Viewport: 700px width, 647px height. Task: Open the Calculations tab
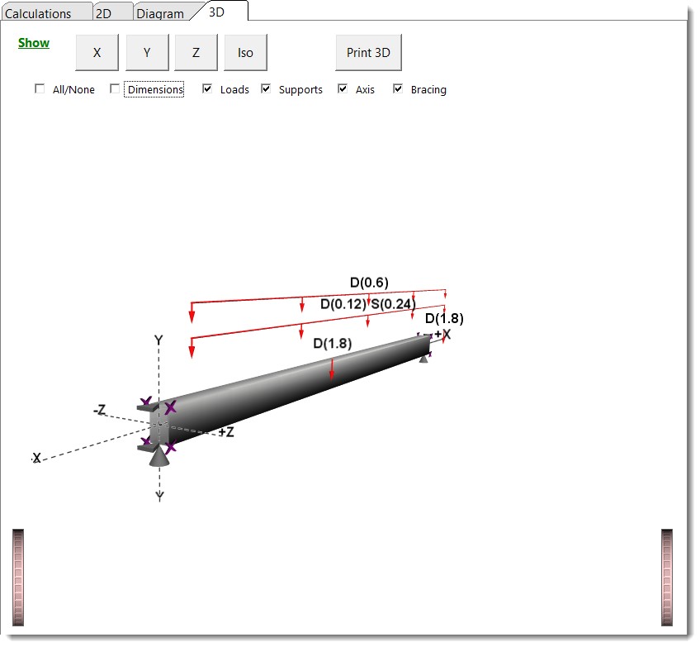[38, 13]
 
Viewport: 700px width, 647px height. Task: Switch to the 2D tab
[103, 13]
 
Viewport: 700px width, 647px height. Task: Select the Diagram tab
[160, 13]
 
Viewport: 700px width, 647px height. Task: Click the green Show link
[34, 43]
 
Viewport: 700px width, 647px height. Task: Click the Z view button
[196, 53]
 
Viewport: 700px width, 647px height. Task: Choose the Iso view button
[245, 53]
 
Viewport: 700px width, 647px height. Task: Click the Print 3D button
[368, 53]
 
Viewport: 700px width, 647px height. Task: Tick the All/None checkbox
[40, 89]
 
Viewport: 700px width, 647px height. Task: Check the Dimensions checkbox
[116, 89]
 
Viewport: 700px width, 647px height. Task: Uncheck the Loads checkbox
[207, 89]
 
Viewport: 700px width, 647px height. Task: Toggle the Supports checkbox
[266, 89]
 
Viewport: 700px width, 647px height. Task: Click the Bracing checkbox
[398, 89]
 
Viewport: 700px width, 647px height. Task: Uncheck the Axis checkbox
[343, 89]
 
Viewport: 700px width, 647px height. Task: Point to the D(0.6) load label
[369, 283]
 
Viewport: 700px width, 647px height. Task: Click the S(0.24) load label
[392, 303]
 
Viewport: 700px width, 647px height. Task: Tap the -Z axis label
[99, 410]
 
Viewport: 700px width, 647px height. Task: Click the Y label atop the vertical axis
[158, 340]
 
